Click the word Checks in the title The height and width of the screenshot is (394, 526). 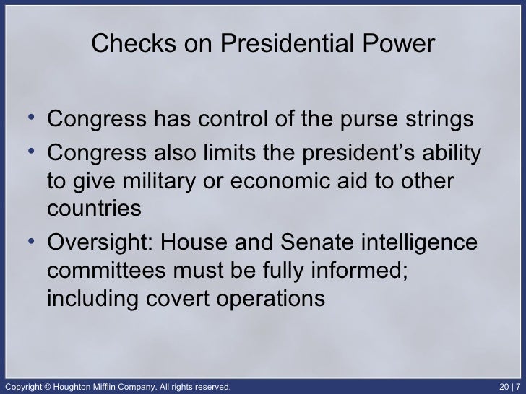tap(124, 45)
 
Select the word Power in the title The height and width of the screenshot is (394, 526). tap(398, 45)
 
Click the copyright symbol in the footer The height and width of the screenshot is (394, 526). tap(49, 386)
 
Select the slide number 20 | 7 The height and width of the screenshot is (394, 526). tap(509, 386)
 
